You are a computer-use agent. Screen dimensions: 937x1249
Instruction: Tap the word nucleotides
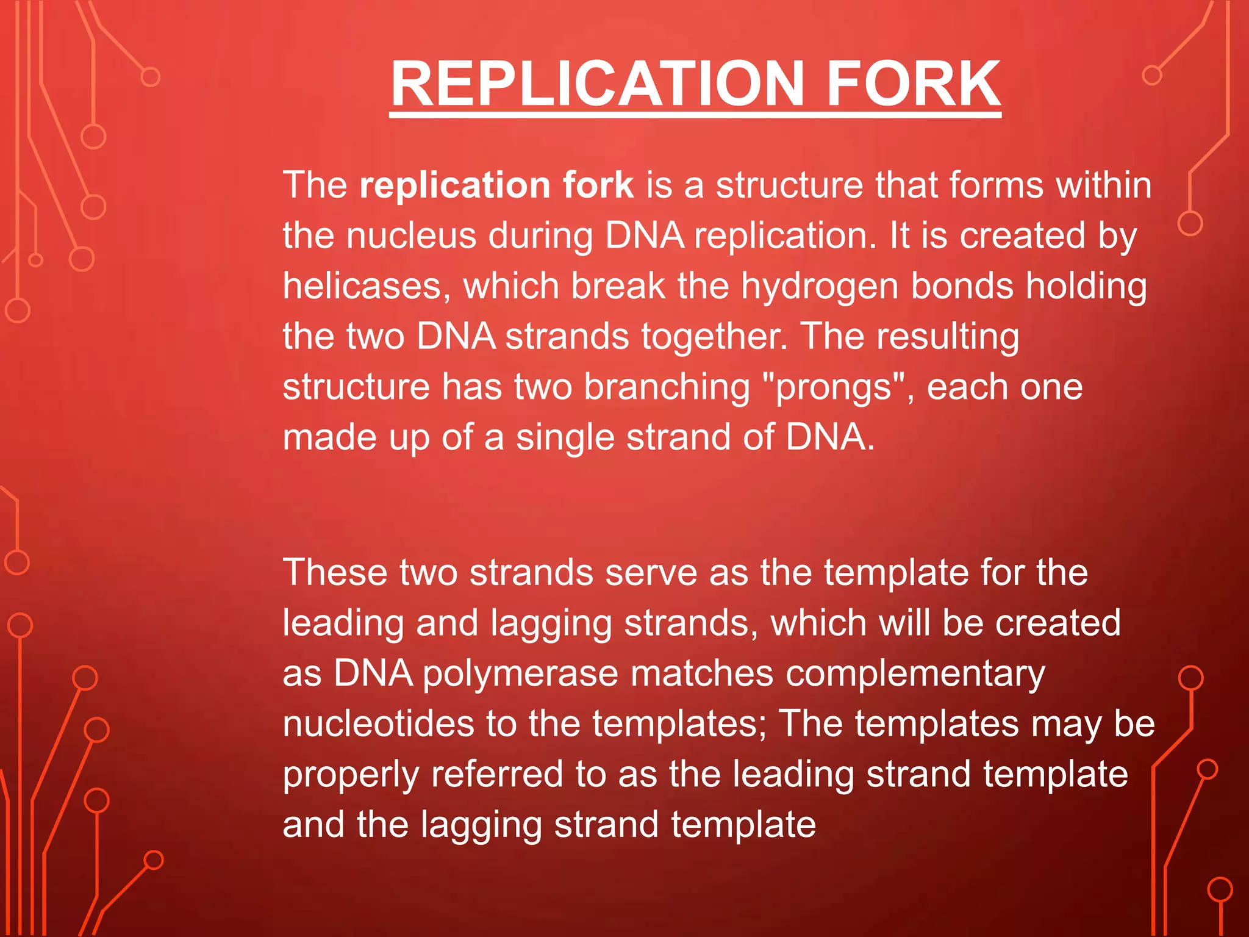(378, 724)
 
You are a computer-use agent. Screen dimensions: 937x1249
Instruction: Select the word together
(707, 337)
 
